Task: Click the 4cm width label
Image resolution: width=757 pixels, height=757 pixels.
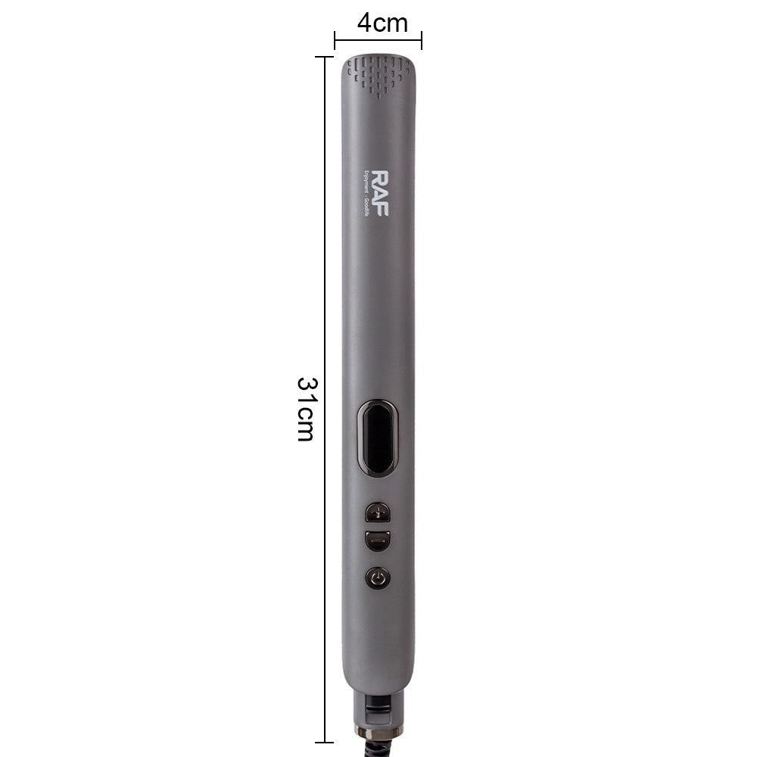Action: [x=382, y=23]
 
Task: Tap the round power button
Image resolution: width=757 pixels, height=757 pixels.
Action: [x=377, y=579]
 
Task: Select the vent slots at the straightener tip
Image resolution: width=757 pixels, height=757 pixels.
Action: [x=378, y=74]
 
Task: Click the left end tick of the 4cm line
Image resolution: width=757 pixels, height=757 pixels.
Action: [x=335, y=40]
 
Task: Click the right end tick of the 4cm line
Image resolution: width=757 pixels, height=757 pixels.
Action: [x=422, y=40]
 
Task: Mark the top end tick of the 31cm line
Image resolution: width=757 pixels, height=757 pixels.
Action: [x=325, y=57]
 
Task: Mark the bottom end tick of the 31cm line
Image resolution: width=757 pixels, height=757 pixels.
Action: [x=325, y=742]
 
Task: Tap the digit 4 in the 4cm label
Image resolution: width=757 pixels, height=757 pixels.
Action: [x=364, y=23]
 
